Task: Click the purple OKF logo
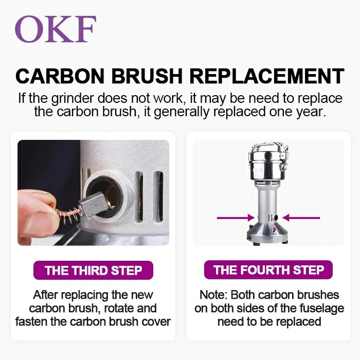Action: [55, 29]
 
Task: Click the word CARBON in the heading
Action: [60, 76]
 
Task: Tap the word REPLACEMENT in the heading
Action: [267, 76]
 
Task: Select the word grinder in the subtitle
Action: [73, 99]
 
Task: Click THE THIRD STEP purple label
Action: [93, 270]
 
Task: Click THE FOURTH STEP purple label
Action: [268, 270]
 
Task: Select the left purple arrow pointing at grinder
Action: [236, 218]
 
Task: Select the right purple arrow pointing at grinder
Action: [301, 218]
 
